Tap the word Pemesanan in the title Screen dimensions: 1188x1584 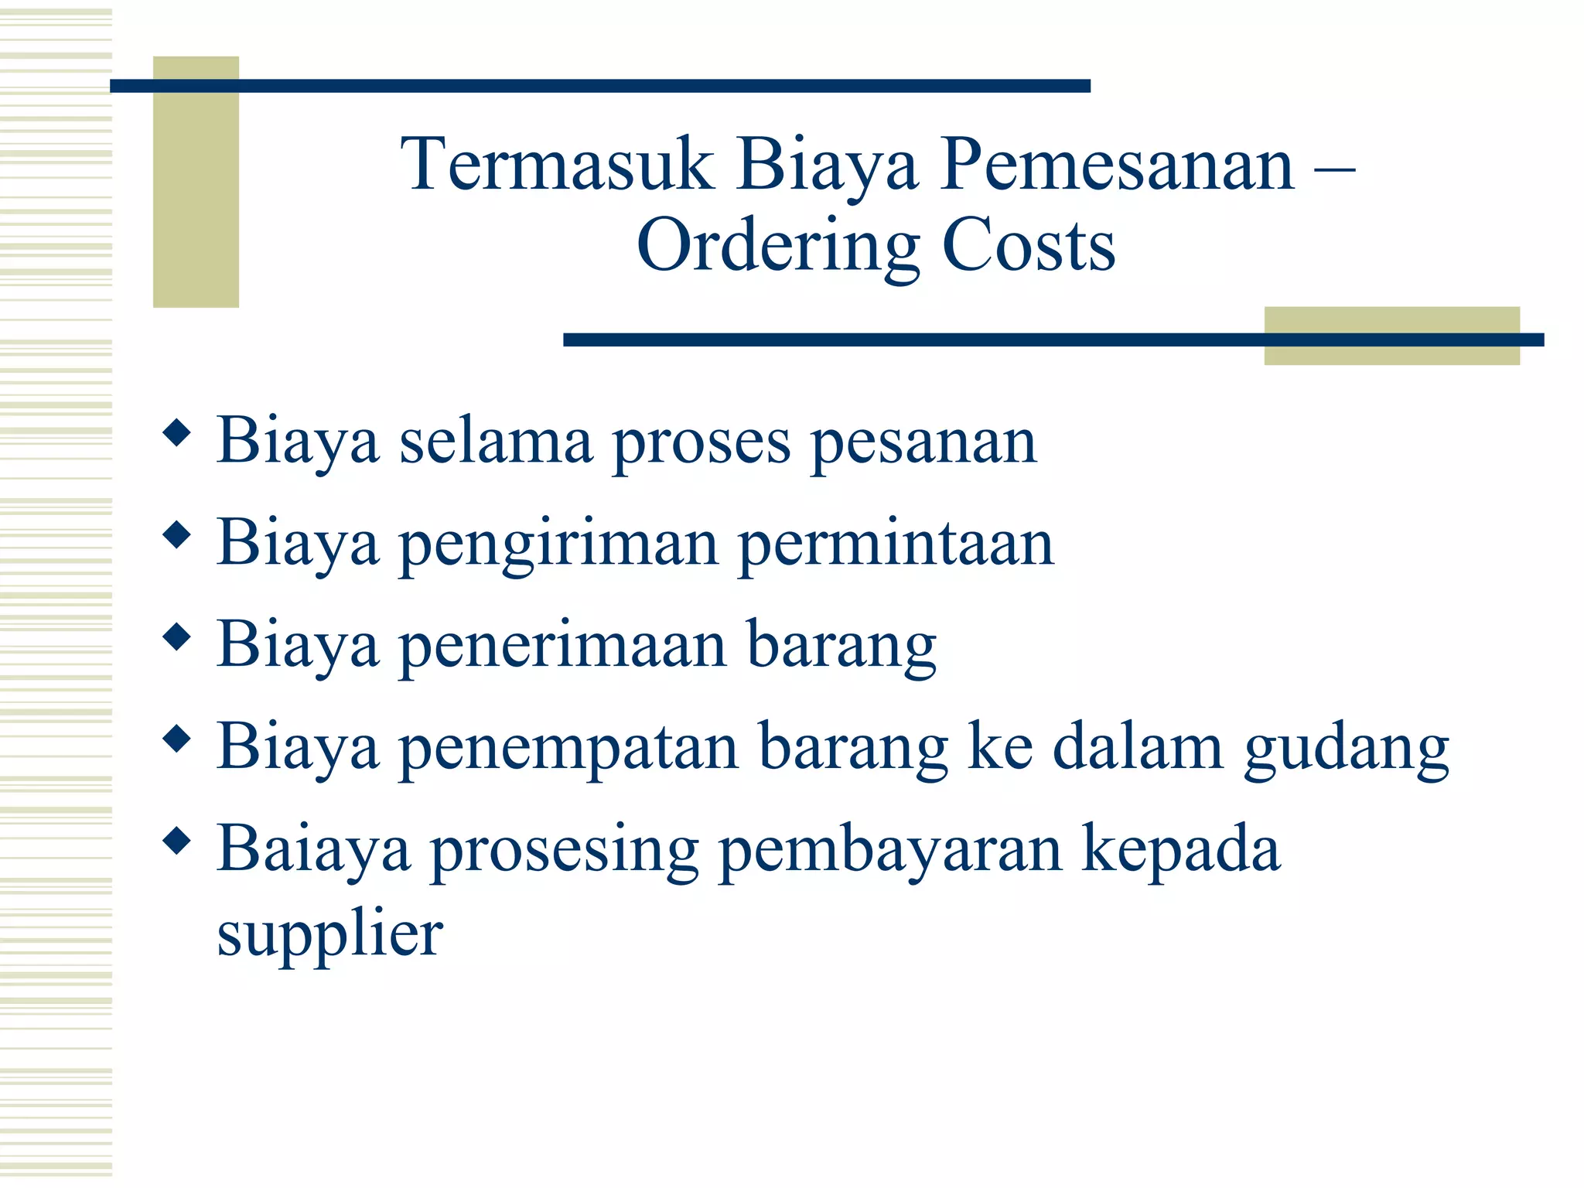(x=1116, y=164)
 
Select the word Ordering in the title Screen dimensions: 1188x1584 (x=777, y=246)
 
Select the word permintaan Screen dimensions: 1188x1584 (x=896, y=544)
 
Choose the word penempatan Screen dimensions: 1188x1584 (x=568, y=747)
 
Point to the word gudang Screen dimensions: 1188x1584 (x=1347, y=749)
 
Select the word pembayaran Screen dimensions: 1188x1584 (x=890, y=850)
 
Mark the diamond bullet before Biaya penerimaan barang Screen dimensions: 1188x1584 (x=177, y=637)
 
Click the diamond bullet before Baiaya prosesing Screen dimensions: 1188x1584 (x=177, y=841)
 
